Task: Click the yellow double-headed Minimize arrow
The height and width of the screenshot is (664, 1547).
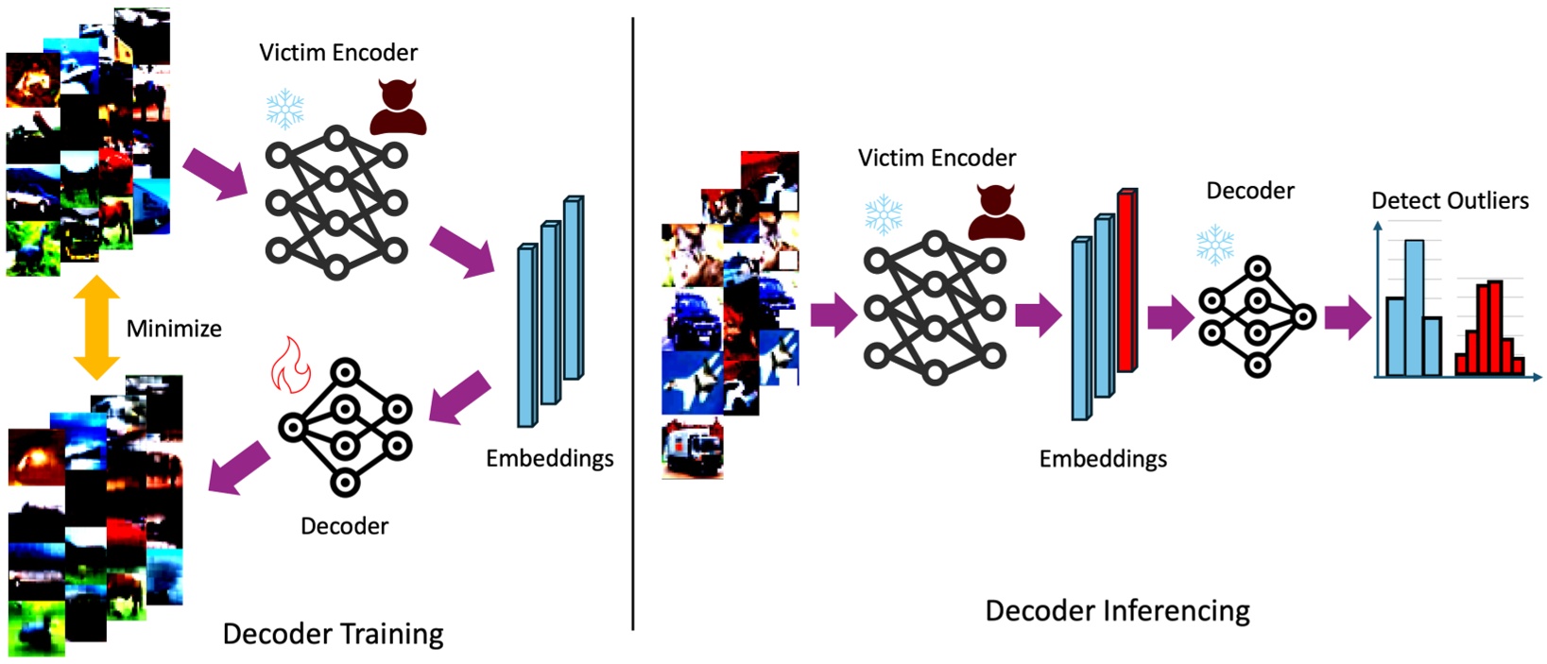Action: [96, 328]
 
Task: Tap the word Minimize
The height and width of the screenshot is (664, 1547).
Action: [174, 329]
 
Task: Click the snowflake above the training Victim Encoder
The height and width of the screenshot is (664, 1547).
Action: [284, 110]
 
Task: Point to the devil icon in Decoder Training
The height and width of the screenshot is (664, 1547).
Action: [398, 107]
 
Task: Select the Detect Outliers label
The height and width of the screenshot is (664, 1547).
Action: [1450, 200]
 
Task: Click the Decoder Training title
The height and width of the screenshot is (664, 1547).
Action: [333, 634]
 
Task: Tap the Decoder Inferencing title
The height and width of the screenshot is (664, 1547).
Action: [1117, 611]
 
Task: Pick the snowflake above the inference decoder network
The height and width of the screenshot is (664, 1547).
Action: [1215, 245]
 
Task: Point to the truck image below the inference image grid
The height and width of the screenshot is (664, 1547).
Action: [693, 449]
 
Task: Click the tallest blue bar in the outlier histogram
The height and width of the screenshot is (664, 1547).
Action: [1414, 308]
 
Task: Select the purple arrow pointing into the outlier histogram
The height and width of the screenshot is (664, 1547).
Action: [1347, 316]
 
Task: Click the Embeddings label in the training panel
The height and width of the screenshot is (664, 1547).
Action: [549, 458]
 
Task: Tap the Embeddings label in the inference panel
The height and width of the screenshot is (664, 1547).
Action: [1103, 459]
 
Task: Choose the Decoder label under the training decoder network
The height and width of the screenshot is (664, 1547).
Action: [344, 526]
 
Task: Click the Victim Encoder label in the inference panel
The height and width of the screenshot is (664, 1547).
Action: [937, 158]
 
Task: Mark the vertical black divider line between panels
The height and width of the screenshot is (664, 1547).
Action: [632, 321]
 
